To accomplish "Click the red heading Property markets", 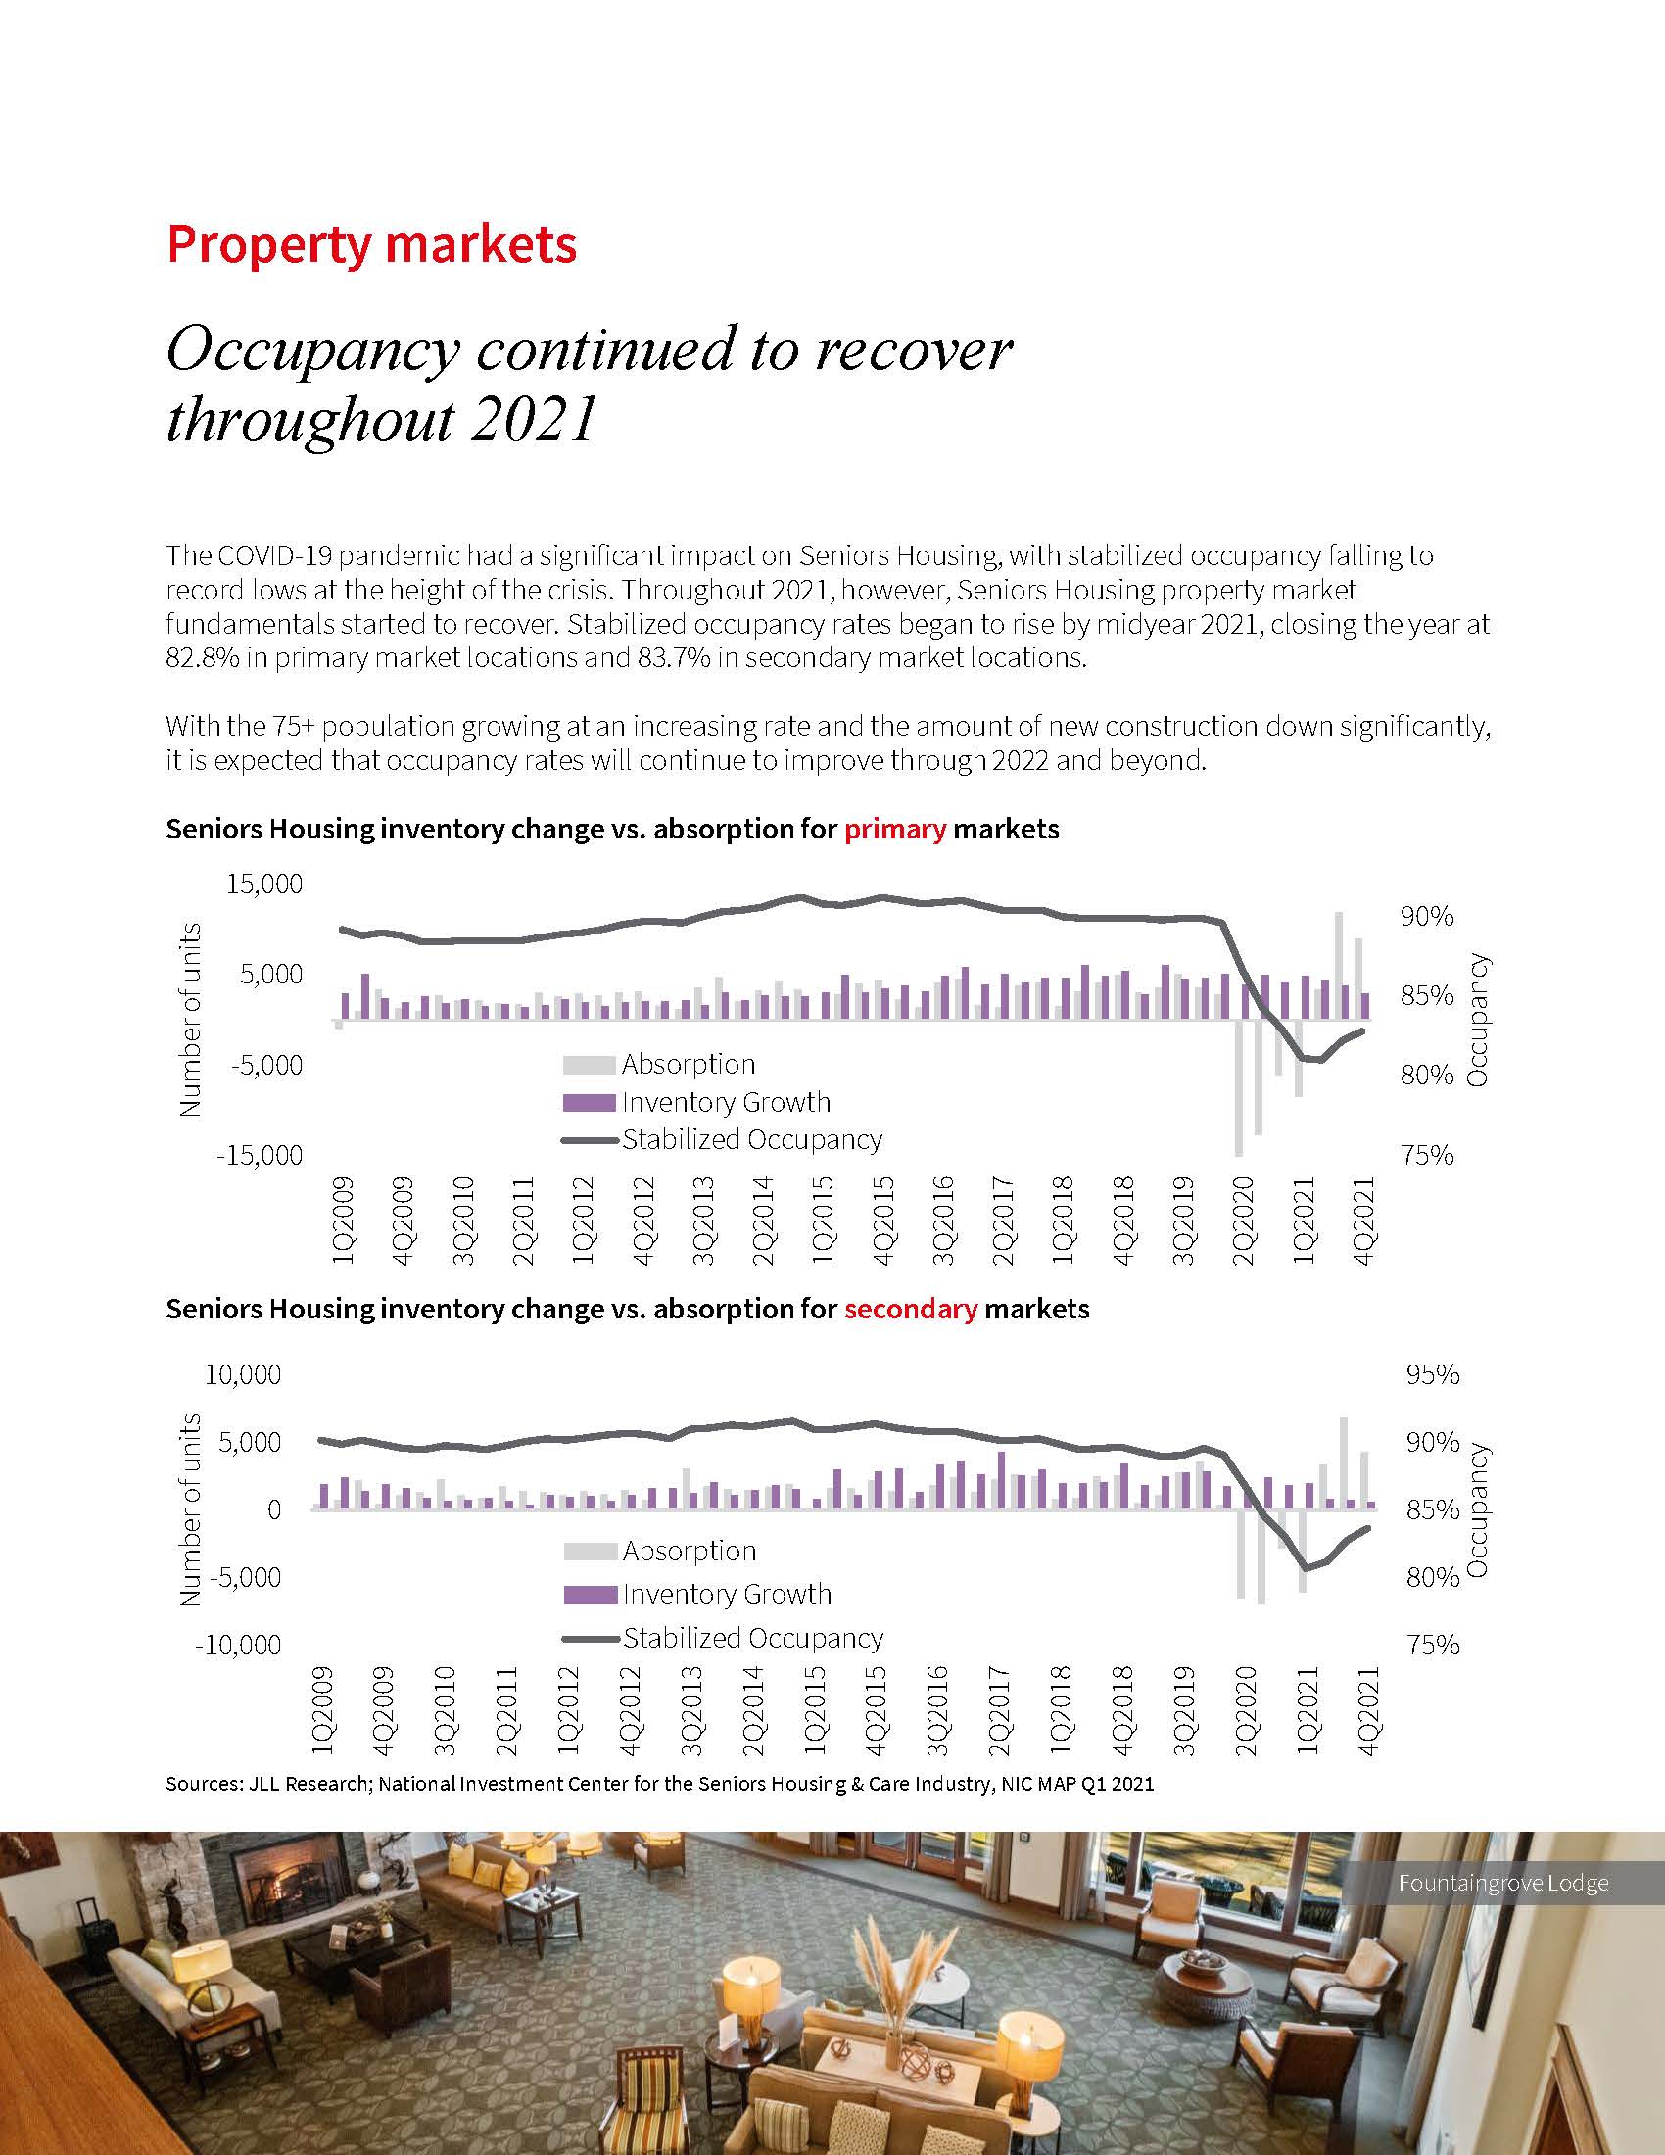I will pos(371,244).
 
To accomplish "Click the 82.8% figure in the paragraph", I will pos(201,658).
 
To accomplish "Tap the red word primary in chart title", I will pos(894,829).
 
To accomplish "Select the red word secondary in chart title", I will pos(911,1310).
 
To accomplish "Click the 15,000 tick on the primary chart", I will pos(264,885).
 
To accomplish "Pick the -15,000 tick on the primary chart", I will pos(260,1156).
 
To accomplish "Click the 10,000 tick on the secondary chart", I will pos(243,1374).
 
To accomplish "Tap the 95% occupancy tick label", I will pos(1432,1374).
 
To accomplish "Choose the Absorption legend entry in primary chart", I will pos(688,1065).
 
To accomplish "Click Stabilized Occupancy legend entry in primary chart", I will pos(751,1140).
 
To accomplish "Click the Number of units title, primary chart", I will pos(190,1020).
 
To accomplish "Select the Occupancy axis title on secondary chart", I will pos(1477,1509).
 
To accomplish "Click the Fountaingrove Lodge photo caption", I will pos(1502,1883).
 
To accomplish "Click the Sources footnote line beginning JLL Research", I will pos(659,1784).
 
